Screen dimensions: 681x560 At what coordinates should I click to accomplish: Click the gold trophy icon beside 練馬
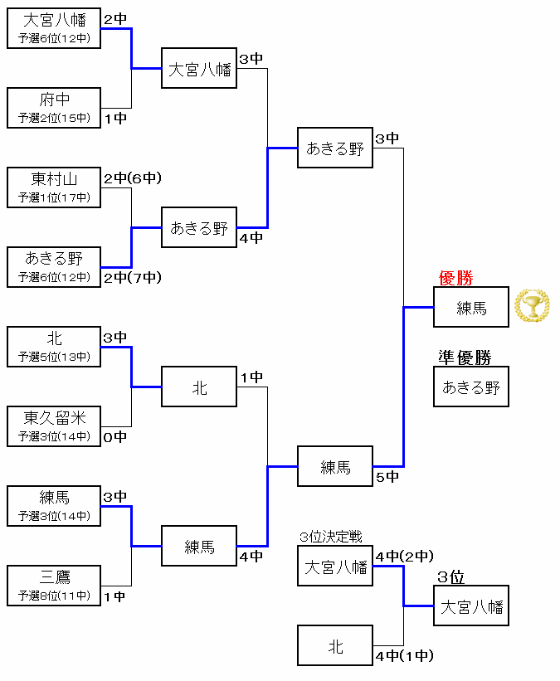pos(532,306)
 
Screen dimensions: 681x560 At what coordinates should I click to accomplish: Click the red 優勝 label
pos(455,278)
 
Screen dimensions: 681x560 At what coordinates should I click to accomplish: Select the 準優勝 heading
pos(465,358)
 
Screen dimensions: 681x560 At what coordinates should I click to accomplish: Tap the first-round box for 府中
pos(54,108)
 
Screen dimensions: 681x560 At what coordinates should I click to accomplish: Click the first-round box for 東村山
pos(54,187)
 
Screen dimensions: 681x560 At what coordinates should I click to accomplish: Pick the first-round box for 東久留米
pos(54,426)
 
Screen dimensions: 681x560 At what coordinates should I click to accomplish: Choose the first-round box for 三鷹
pos(54,586)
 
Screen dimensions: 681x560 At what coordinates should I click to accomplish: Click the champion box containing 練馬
pos(470,308)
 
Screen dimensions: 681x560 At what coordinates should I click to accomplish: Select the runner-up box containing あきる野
pos(470,387)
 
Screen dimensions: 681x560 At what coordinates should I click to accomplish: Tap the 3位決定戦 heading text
pos(331,538)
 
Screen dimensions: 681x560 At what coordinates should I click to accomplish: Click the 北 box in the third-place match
pos(334,646)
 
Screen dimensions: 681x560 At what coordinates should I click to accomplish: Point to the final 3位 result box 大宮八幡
pos(470,606)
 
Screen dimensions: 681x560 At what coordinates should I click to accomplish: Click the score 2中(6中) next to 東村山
pos(133,178)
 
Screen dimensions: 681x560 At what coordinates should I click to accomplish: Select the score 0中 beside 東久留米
pos(114,437)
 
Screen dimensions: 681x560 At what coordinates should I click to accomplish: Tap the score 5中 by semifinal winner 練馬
pos(387,476)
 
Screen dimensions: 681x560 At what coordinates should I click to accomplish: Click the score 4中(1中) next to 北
pos(404,656)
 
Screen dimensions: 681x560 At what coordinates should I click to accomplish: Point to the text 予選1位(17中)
pos(54,197)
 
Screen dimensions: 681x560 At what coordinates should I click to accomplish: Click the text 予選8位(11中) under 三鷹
pos(54,596)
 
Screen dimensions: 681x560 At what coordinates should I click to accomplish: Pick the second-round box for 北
pos(199,387)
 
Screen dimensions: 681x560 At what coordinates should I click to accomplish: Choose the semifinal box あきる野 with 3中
pos(334,148)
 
